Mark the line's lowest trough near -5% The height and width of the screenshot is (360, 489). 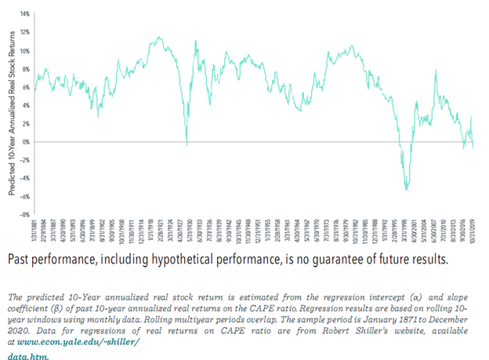click(x=406, y=189)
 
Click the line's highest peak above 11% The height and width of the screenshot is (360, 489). click(x=159, y=37)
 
